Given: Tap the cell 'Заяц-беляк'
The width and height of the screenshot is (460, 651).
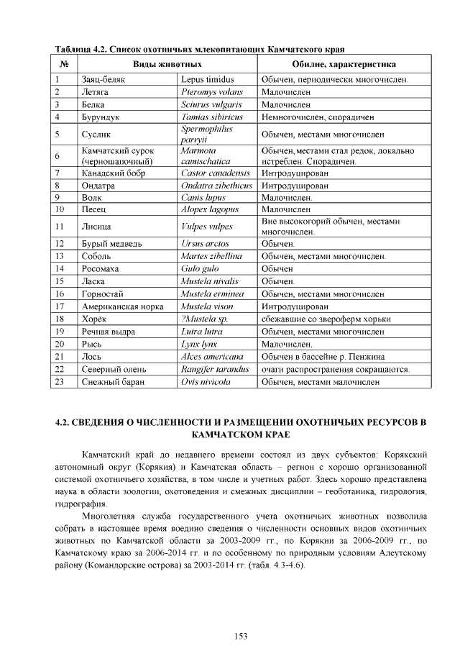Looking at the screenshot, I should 103,79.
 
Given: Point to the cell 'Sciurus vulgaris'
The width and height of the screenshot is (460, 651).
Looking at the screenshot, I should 211,104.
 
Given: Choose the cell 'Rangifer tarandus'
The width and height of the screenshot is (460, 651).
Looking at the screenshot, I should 216,369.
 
